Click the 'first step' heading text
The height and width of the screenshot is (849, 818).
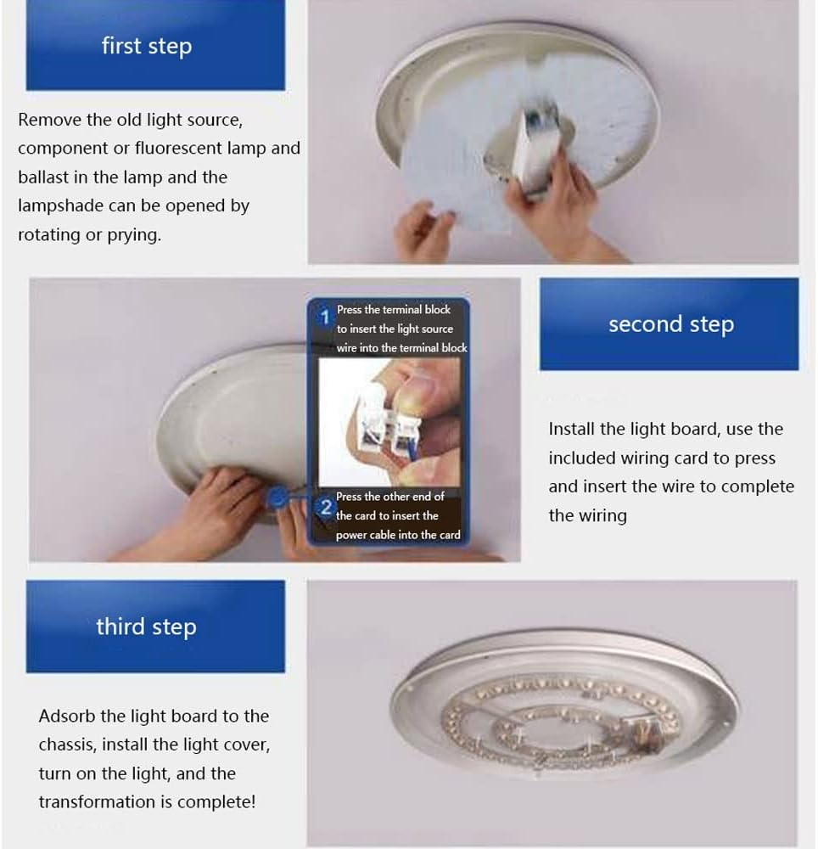tap(147, 46)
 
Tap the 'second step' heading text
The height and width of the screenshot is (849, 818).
tap(670, 324)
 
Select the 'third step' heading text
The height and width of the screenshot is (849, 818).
tap(146, 627)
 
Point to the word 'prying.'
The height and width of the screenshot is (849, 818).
tap(134, 235)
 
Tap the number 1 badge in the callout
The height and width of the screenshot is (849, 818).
tap(323, 318)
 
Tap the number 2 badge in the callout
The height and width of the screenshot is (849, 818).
tap(324, 508)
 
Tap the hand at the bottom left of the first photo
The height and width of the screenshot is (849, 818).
tap(425, 230)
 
